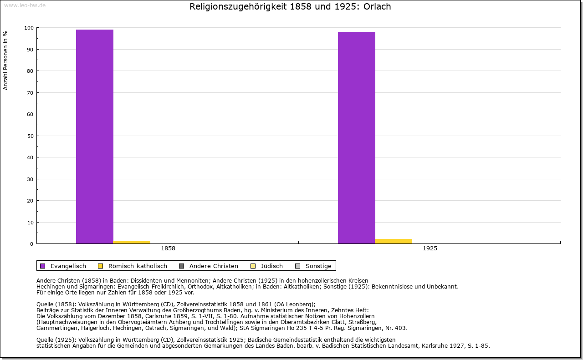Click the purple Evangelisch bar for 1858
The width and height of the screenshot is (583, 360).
point(95,137)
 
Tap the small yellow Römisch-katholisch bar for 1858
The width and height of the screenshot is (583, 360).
point(132,242)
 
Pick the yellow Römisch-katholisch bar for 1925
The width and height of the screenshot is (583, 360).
point(394,241)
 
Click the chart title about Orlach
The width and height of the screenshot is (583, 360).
point(290,7)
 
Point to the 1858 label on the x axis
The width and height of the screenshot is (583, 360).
point(168,248)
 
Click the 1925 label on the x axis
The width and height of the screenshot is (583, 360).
point(430,248)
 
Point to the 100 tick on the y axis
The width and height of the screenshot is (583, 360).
point(29,28)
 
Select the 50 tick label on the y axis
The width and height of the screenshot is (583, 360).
point(30,136)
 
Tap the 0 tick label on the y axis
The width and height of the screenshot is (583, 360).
point(32,244)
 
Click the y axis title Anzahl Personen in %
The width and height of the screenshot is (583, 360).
point(5,60)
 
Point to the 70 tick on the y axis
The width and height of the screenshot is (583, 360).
point(30,93)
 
